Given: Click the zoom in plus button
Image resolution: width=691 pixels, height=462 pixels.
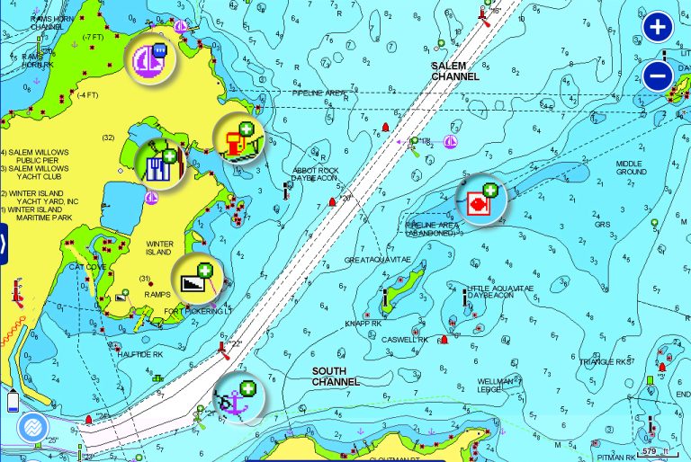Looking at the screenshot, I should [659, 27].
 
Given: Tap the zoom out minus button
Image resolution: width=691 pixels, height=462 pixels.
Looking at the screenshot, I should [659, 76].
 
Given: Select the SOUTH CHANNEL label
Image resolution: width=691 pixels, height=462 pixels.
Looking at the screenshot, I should [336, 376].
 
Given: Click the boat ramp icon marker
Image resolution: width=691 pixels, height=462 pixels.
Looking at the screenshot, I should [195, 280].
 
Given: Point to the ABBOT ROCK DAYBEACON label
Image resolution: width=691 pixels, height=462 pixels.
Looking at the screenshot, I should [314, 173].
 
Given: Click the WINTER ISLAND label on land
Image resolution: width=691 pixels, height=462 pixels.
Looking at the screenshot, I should [160, 247].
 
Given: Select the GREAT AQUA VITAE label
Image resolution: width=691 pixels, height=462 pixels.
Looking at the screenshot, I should [376, 261].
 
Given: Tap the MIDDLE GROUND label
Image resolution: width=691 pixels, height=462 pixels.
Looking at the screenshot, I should [631, 167].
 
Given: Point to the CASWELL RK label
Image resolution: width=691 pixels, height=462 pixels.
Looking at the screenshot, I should [404, 340].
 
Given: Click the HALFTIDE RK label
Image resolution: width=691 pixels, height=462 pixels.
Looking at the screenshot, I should [139, 354].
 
